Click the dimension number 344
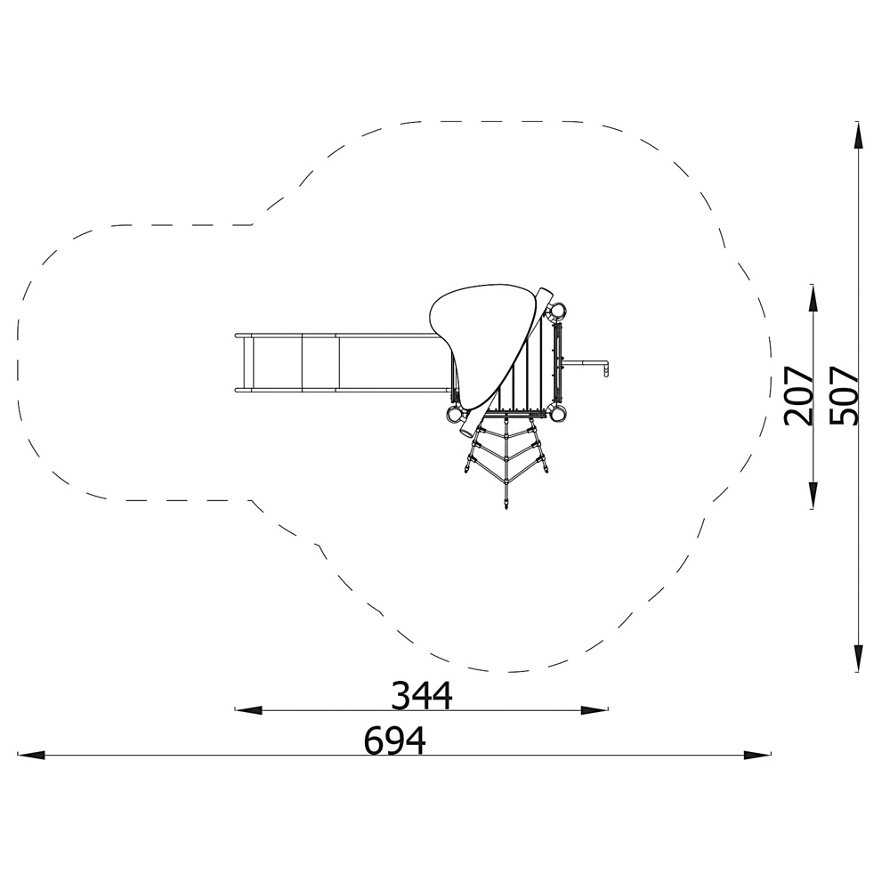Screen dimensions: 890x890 (422, 695)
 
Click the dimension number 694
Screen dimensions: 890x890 (395, 740)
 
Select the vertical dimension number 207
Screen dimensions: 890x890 (798, 396)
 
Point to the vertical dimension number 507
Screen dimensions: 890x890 (843, 396)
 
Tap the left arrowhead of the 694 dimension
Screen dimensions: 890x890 (31, 755)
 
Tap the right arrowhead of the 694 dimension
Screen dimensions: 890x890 (757, 755)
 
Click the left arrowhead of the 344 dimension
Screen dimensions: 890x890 (248, 709)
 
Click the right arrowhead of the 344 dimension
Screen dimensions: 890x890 (595, 709)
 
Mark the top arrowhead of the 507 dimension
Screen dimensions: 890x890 (858, 136)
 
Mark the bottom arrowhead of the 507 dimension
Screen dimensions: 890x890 (858, 659)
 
